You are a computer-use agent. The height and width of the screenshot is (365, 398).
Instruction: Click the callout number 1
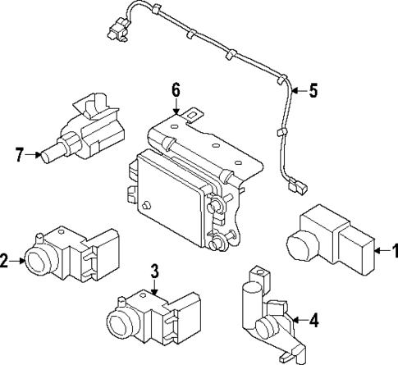point(395,251)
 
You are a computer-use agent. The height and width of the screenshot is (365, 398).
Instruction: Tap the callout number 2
point(3,261)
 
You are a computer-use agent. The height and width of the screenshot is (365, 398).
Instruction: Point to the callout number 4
point(314,320)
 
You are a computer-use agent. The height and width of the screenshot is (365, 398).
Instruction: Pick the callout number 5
point(313,90)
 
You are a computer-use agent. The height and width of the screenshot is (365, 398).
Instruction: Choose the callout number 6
point(176,90)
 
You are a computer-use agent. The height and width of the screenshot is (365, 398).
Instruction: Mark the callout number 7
point(20,154)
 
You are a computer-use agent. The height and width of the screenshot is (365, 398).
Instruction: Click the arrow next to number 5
point(300,90)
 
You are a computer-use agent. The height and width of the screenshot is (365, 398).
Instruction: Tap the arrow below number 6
point(176,107)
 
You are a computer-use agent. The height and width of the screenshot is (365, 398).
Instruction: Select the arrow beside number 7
point(33,155)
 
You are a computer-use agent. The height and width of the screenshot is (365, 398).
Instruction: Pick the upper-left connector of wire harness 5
point(118,29)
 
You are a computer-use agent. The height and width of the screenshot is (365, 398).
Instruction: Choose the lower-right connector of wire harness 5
point(297,186)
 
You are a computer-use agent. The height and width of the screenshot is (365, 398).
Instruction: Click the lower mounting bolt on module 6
point(216,243)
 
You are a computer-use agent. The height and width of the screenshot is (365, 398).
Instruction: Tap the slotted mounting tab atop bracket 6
point(194,115)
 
